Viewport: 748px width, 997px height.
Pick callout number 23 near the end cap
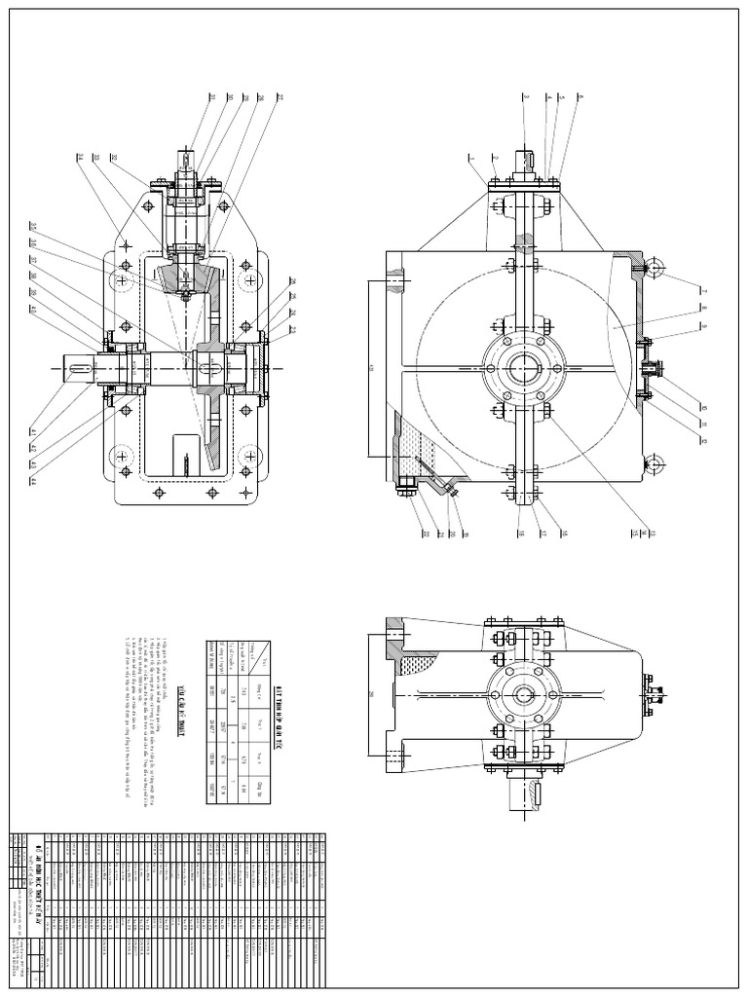[x=292, y=328]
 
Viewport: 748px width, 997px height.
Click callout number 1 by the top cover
[x=469, y=157]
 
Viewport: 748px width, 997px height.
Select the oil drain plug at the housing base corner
[x=402, y=492]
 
